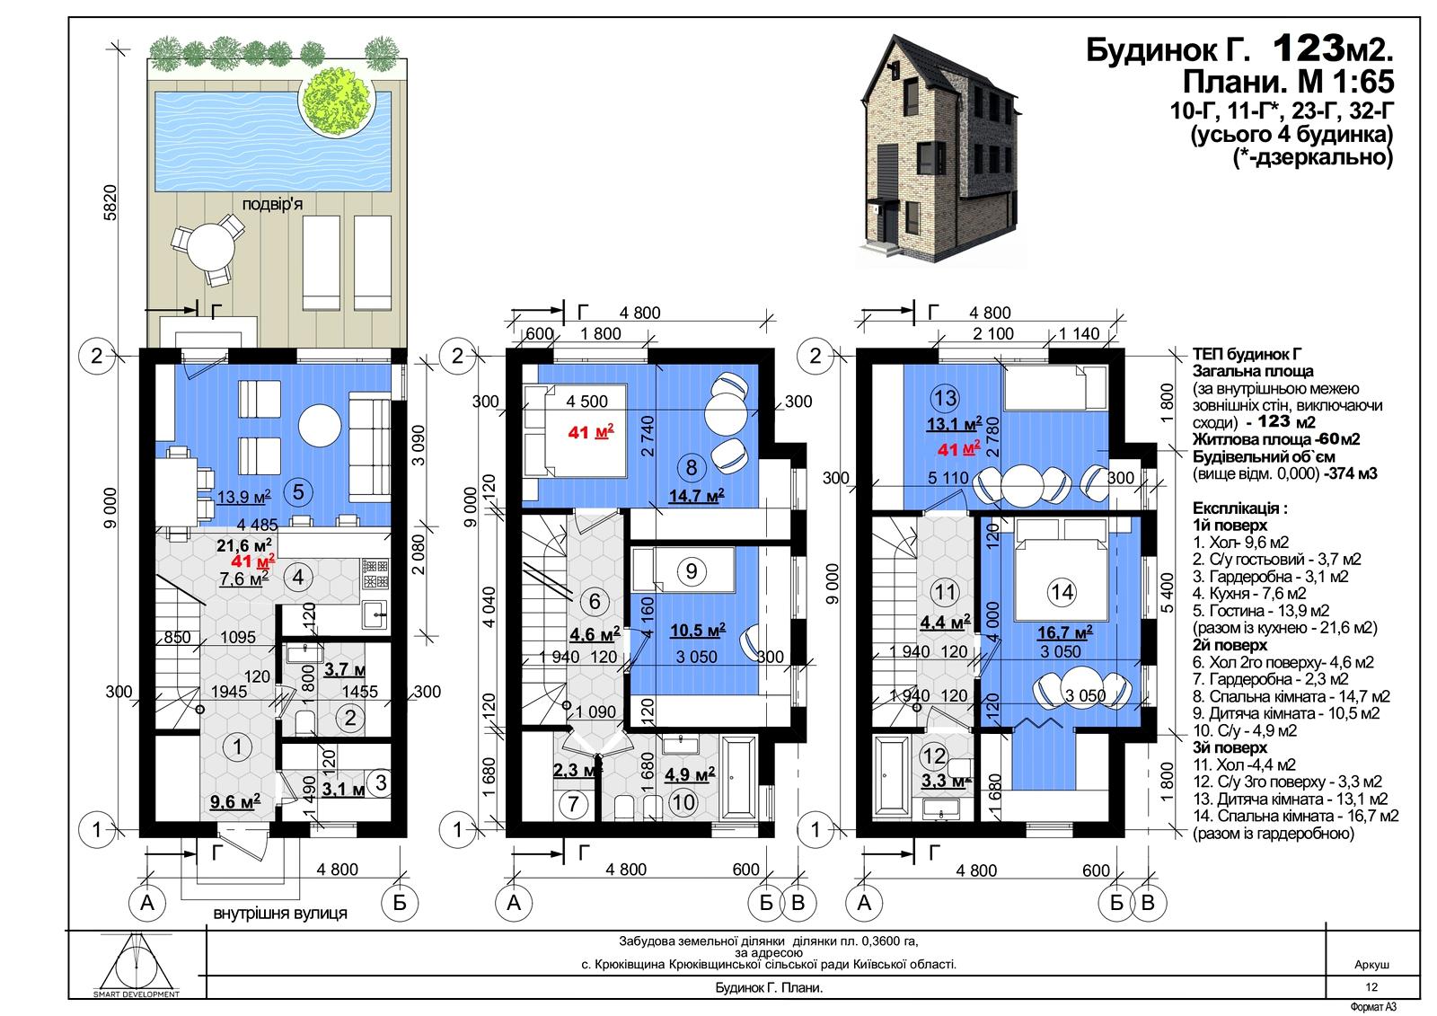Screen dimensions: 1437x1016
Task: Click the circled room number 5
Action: pyautogui.click(x=297, y=492)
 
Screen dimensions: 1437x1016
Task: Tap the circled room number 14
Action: pyautogui.click(x=1062, y=591)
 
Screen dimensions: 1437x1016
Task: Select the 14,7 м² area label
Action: pyautogui.click(x=697, y=496)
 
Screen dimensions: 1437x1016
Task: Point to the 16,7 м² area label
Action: pyautogui.click(x=1065, y=632)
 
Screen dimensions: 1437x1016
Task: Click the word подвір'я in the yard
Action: pyautogui.click(x=272, y=205)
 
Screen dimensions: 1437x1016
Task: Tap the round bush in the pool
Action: pyautogui.click(x=337, y=98)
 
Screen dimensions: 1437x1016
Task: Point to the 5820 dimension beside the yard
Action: pyautogui.click(x=110, y=203)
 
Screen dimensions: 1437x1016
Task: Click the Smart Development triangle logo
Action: pyautogui.click(x=136, y=962)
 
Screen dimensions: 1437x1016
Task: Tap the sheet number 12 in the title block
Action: pyautogui.click(x=1371, y=987)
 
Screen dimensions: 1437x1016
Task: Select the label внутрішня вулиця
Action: pyautogui.click(x=280, y=913)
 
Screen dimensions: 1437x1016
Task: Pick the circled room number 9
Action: pyautogui.click(x=692, y=570)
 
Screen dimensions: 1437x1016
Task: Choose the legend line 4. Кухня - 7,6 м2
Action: pyautogui.click(x=1249, y=593)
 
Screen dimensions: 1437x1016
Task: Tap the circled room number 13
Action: pyautogui.click(x=946, y=398)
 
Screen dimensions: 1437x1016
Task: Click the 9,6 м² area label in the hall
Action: pyautogui.click(x=235, y=801)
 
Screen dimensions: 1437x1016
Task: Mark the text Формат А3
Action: pyautogui.click(x=1373, y=1007)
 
